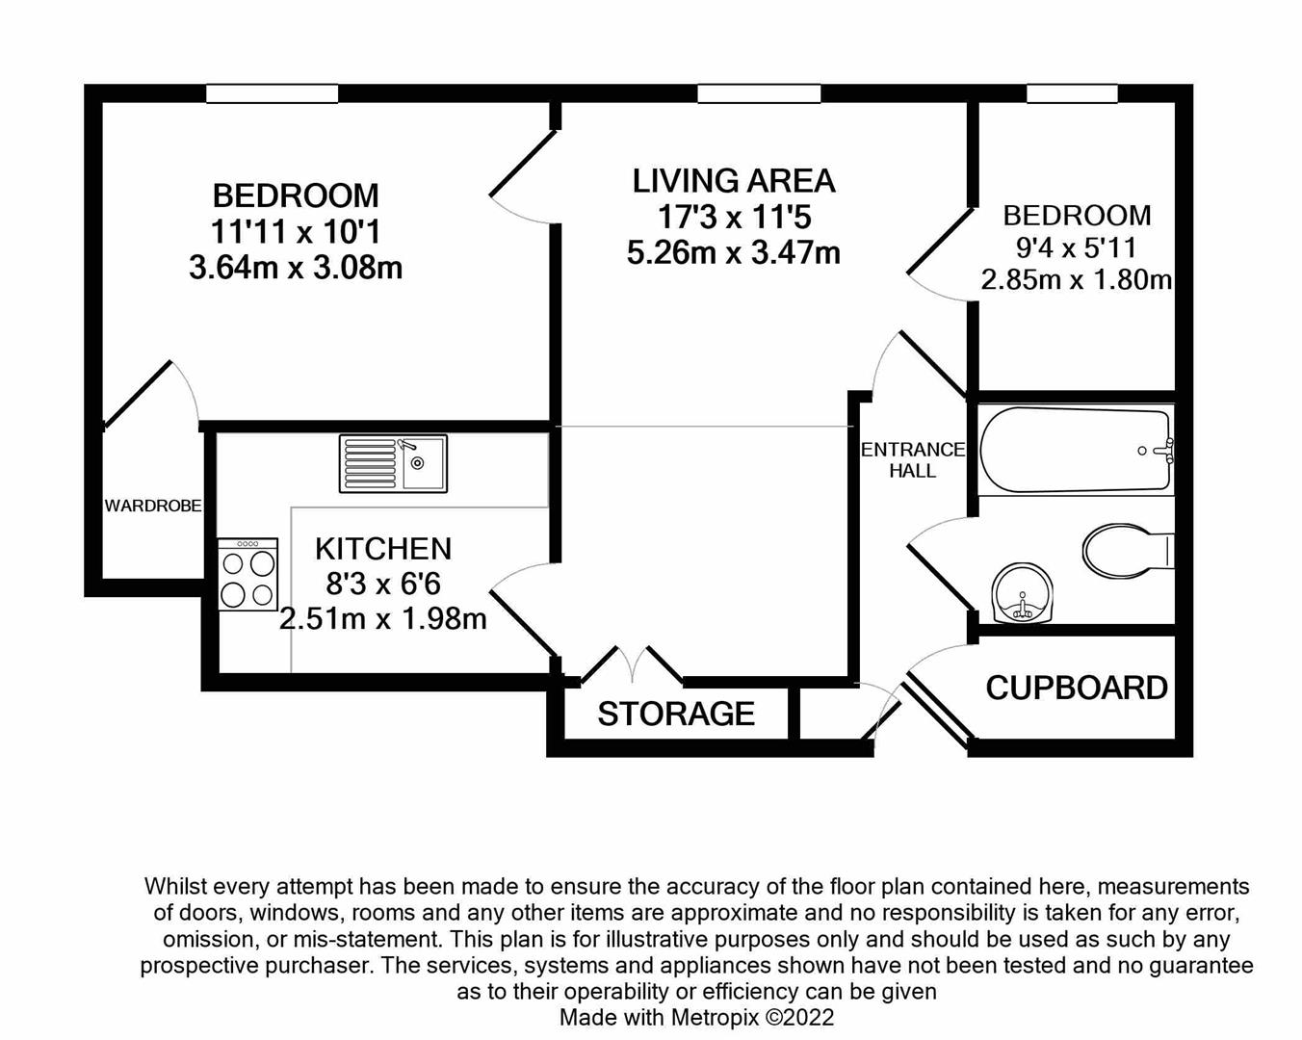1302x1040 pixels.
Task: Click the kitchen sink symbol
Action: (x=393, y=463)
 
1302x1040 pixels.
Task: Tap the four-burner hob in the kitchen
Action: (x=248, y=575)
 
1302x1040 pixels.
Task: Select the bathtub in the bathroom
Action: (x=1076, y=450)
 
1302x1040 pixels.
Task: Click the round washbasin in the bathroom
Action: (x=1022, y=592)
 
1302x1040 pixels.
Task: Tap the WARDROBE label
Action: (x=153, y=506)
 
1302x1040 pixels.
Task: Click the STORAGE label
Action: (x=676, y=714)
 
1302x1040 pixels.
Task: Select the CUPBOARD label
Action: (x=1077, y=688)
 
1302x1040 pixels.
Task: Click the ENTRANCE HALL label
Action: (x=912, y=460)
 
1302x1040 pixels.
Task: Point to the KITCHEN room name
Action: (x=383, y=549)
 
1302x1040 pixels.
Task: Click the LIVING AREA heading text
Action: (x=734, y=181)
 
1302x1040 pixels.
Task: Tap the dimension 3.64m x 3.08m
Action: (x=296, y=267)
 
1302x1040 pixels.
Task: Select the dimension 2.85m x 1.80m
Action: (x=1077, y=280)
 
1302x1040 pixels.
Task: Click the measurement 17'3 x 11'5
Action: (x=734, y=217)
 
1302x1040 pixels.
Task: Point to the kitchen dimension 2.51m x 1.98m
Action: (x=383, y=618)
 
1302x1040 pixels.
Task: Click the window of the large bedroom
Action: (x=273, y=93)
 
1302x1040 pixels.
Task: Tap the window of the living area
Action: (x=759, y=93)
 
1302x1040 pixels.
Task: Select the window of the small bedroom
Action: (x=1072, y=93)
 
